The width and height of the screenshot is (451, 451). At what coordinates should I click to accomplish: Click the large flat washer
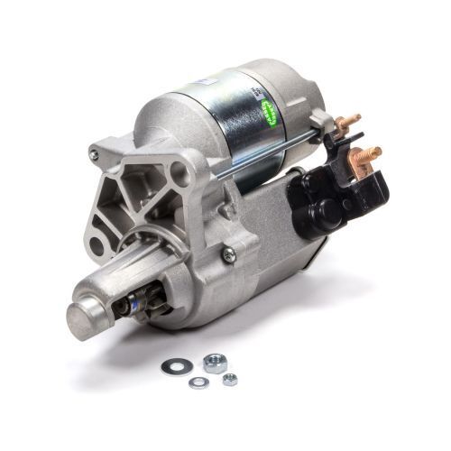click(x=172, y=366)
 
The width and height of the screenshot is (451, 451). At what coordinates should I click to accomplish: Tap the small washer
click(x=198, y=382)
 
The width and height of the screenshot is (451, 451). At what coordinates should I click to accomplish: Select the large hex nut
click(x=214, y=362)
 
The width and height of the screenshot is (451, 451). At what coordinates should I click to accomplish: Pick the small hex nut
click(x=230, y=379)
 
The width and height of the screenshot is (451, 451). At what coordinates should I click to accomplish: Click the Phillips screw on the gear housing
click(x=228, y=255)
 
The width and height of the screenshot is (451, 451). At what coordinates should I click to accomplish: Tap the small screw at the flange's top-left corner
click(x=94, y=155)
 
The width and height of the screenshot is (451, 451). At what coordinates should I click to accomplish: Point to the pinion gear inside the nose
click(x=145, y=305)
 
